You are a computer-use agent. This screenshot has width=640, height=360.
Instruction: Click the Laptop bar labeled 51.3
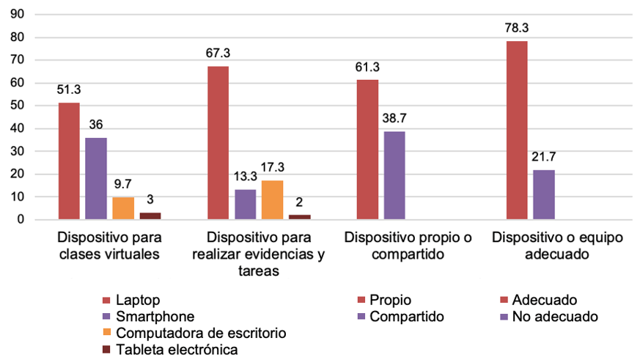[69, 161]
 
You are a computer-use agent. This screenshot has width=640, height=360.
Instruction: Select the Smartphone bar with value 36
[95, 178]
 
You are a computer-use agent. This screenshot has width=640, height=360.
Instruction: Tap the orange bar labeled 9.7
[123, 208]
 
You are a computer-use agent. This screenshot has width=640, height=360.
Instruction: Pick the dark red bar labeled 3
[150, 216]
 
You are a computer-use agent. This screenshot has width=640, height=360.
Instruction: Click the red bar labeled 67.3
[218, 142]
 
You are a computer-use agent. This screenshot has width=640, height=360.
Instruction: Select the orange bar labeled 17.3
[272, 199]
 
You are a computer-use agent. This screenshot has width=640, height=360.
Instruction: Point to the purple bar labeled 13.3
[245, 204]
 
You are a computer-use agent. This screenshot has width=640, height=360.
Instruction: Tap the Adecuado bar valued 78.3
[517, 130]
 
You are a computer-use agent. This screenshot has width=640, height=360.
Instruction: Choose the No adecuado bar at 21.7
[543, 194]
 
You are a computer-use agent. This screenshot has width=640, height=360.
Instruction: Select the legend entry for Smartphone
[155, 317]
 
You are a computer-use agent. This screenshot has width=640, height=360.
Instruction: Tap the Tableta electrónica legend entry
[176, 350]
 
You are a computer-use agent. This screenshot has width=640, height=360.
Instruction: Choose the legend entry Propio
[390, 300]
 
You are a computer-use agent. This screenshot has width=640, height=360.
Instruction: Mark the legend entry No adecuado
[555, 317]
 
